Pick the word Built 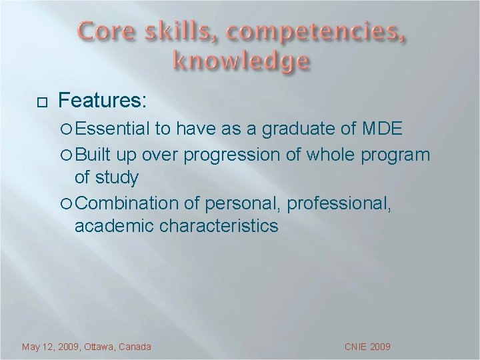coord(95,155)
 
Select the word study coord(117,178)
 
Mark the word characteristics coord(219,226)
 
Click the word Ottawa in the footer coord(97,347)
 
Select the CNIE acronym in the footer coord(357,347)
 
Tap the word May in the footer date coord(31,347)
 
